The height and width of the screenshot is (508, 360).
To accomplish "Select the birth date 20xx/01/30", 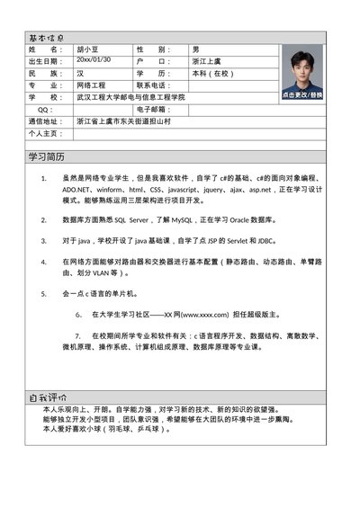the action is coord(93,59).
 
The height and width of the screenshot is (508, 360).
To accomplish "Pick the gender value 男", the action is coord(196,49).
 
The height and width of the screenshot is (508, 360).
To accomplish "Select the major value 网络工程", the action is coord(92,85).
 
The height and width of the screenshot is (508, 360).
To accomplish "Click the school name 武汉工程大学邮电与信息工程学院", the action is coord(130,96).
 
